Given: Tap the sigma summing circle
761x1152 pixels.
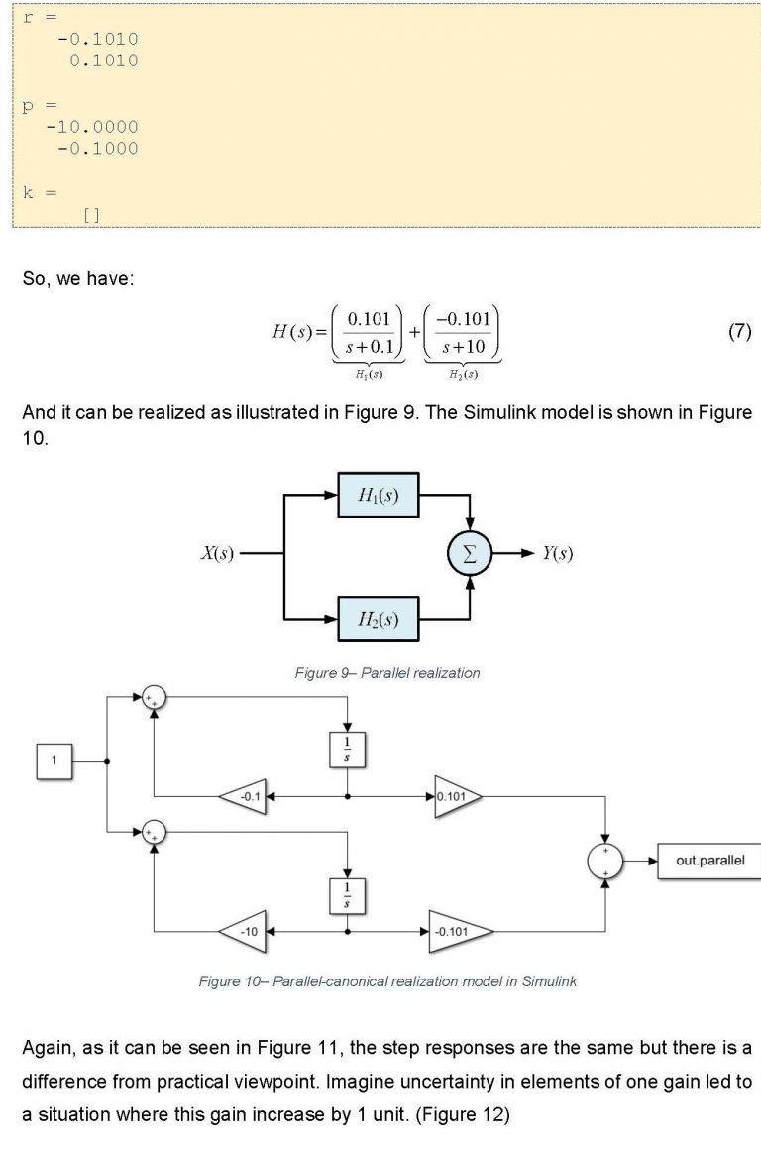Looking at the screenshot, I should pyautogui.click(x=471, y=554).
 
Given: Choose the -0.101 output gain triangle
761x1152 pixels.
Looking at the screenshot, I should pyautogui.click(x=459, y=932).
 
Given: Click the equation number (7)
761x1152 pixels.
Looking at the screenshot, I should pyautogui.click(x=739, y=332).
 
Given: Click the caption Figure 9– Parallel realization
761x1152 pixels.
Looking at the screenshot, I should pyautogui.click(x=387, y=673).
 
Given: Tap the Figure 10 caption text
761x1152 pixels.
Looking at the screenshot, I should pyautogui.click(x=387, y=981).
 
